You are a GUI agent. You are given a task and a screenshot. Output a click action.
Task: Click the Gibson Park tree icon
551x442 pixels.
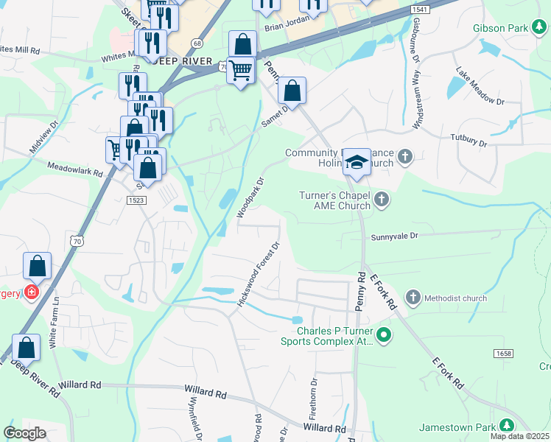tap(540, 29)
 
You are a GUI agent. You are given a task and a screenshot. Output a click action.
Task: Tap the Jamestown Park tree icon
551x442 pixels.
tap(506, 426)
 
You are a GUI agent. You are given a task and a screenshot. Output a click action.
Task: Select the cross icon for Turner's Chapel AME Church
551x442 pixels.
tap(381, 200)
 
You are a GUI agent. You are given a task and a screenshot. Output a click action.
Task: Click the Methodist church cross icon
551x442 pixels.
tap(413, 298)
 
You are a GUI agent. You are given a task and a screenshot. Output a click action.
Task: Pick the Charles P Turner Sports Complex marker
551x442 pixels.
tap(383, 336)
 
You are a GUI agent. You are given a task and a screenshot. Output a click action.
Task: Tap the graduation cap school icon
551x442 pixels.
tap(357, 161)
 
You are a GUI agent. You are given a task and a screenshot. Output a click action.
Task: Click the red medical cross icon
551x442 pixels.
tap(31, 292)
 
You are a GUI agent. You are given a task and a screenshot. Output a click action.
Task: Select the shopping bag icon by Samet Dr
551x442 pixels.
tap(292, 92)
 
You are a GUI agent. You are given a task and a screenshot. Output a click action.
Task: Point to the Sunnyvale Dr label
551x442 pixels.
tap(394, 236)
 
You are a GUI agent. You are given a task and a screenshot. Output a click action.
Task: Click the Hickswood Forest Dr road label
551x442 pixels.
tap(258, 276)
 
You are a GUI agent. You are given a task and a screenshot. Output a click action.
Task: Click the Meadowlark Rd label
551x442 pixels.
tap(74, 169)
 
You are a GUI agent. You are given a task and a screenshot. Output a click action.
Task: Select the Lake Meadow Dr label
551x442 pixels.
tap(480, 87)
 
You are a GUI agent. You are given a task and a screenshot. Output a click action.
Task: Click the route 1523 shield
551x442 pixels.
tap(136, 200)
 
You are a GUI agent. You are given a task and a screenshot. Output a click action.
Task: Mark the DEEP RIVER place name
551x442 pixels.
tap(182, 61)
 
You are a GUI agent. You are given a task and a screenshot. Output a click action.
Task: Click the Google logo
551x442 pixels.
tap(25, 432)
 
